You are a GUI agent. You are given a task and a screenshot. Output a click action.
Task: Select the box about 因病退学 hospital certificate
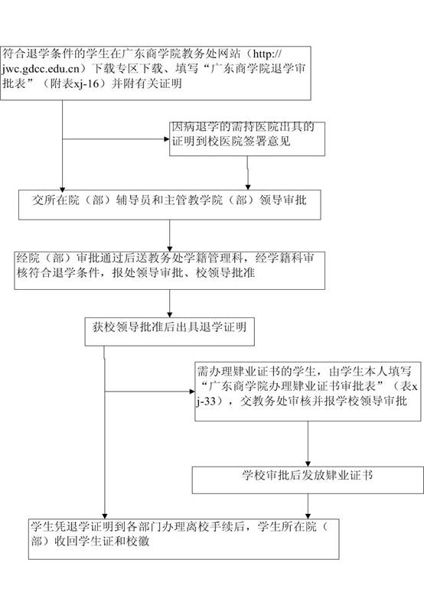click(x=247, y=139)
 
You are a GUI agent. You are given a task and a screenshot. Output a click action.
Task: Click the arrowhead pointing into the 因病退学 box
click(x=166, y=139)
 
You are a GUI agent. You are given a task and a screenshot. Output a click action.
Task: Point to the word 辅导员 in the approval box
click(x=133, y=200)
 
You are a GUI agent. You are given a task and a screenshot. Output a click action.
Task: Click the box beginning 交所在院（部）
click(x=169, y=204)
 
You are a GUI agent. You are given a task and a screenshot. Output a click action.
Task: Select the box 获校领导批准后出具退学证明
click(x=169, y=331)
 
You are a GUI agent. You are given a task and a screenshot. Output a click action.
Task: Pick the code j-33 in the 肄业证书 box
click(x=206, y=402)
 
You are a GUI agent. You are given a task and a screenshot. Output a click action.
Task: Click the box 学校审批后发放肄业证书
click(x=308, y=480)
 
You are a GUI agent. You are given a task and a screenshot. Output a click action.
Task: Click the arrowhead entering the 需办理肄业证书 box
click(x=192, y=392)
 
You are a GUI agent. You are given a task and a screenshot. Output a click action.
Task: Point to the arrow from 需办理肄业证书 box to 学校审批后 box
click(x=308, y=444)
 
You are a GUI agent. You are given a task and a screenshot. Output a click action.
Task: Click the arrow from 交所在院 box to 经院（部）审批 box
click(x=169, y=236)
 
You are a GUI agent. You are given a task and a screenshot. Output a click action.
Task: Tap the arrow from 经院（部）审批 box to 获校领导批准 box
click(x=169, y=304)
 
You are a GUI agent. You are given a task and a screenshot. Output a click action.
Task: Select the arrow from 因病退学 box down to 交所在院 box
click(x=247, y=173)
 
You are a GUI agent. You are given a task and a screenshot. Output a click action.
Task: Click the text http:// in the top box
click(x=267, y=54)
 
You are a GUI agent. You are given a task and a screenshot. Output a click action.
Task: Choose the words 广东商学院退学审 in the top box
click(x=257, y=69)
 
